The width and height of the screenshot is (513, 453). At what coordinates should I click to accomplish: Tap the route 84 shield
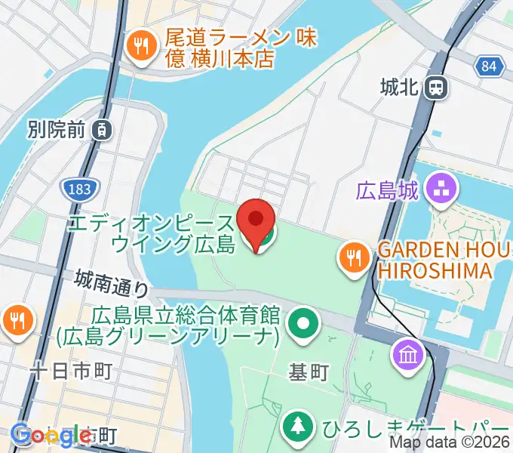tap(490, 66)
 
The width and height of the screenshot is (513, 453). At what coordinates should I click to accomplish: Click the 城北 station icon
tap(435, 88)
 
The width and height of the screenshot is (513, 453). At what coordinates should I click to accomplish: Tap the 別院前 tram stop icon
tap(101, 129)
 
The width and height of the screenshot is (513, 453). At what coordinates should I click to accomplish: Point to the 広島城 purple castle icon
tap(439, 189)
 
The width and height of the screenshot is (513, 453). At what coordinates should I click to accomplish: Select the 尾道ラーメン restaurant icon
tap(140, 47)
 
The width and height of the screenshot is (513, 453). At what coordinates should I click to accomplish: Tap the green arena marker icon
tap(303, 325)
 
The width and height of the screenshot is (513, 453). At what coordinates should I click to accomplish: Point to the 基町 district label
tap(309, 372)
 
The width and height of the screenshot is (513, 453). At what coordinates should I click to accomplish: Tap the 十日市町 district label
tap(71, 371)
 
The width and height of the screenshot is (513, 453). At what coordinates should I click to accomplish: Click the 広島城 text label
tap(387, 190)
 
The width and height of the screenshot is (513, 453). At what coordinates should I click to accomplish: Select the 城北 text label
tap(400, 88)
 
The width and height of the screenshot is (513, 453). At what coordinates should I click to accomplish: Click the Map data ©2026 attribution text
tap(450, 444)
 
